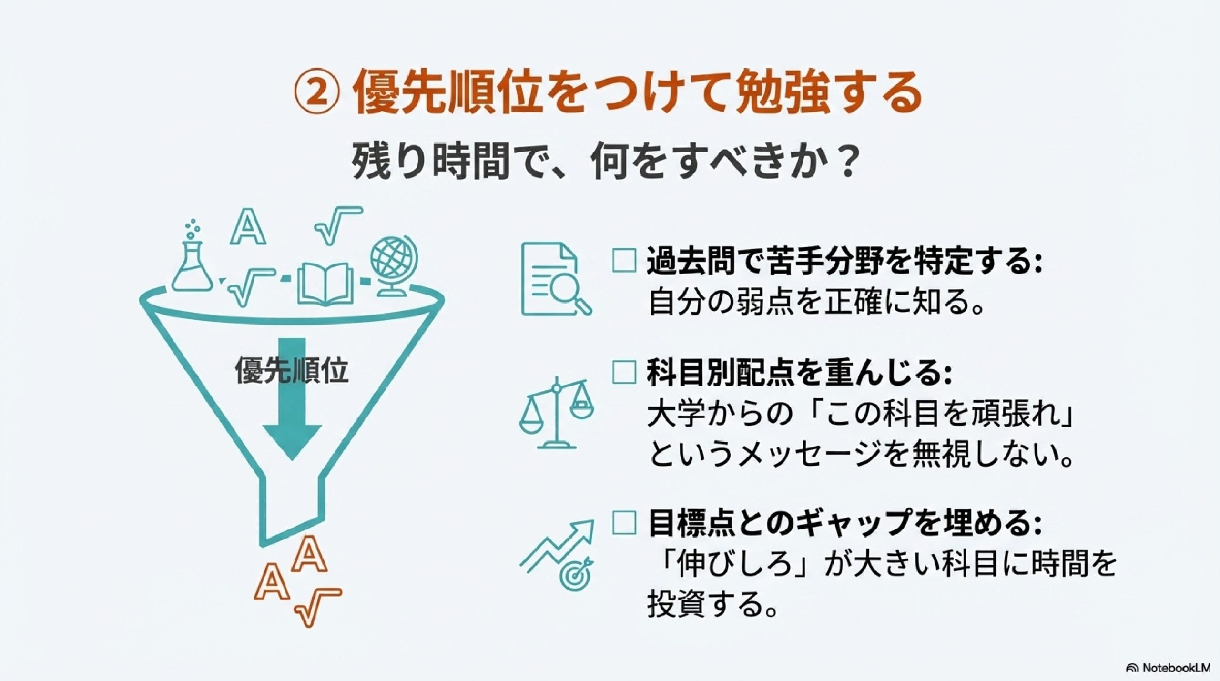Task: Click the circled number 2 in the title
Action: click(x=316, y=95)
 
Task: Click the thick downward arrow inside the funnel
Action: click(x=292, y=419)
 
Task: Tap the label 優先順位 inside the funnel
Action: click(x=292, y=370)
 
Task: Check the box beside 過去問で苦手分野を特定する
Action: click(x=624, y=261)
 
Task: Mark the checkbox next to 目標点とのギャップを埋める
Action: click(x=624, y=522)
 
